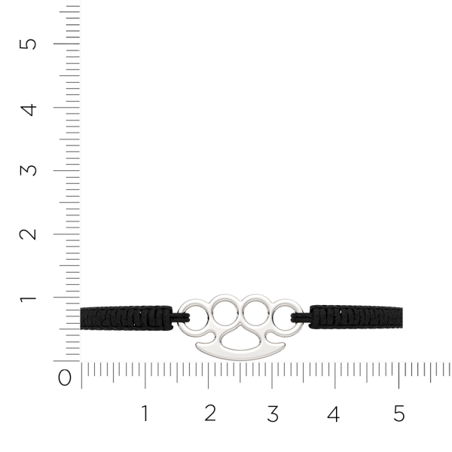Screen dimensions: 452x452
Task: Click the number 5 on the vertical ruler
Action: pos(28,44)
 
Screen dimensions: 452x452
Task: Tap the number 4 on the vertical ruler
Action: pos(29,110)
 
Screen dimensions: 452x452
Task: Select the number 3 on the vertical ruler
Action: pos(28,170)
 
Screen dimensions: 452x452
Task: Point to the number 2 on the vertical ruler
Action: pos(28,234)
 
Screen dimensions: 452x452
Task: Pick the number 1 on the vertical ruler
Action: pos(29,299)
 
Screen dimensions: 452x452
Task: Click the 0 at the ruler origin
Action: pos(65,377)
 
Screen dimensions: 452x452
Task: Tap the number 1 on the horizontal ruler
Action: pos(145,413)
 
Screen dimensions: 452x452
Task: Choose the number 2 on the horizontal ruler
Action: pos(210,413)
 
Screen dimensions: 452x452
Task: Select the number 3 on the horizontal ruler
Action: pos(273,414)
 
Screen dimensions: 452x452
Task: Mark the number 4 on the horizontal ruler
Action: pos(334,414)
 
